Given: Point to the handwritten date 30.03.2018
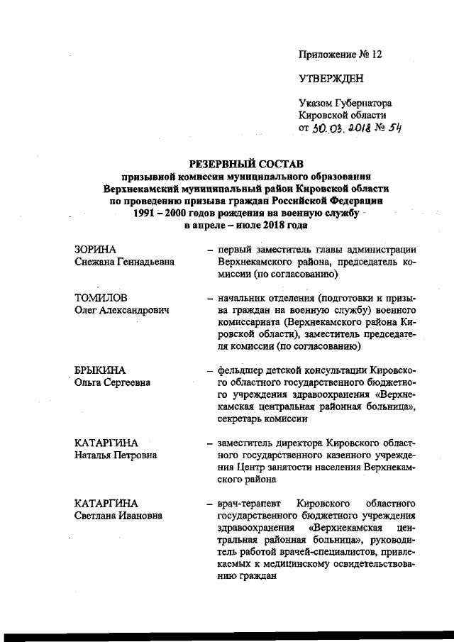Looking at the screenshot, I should click(342, 128).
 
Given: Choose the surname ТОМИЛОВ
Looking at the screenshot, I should click(101, 297).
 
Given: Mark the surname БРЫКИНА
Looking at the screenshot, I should click(100, 370).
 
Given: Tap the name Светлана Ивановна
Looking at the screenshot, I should click(118, 515).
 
